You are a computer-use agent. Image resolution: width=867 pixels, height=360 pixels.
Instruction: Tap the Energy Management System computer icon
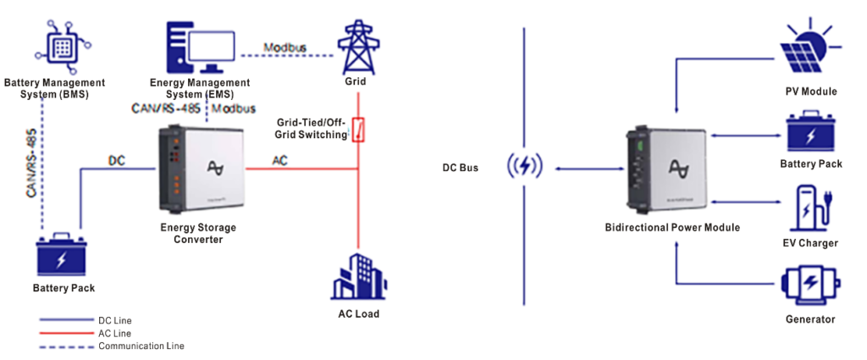(x=196, y=46)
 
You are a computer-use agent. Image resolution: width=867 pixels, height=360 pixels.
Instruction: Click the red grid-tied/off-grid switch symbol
(x=358, y=130)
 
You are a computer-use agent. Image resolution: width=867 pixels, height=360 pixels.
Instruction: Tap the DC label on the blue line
(x=118, y=159)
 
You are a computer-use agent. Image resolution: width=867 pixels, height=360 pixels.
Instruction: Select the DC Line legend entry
(x=114, y=320)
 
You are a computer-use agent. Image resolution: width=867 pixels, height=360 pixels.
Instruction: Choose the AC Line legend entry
(x=114, y=333)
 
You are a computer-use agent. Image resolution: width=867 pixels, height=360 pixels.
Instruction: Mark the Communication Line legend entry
(x=141, y=346)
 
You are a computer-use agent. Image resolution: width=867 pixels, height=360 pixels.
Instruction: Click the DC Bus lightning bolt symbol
(x=526, y=167)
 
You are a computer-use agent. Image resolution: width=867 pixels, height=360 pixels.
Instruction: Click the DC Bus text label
(x=460, y=168)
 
